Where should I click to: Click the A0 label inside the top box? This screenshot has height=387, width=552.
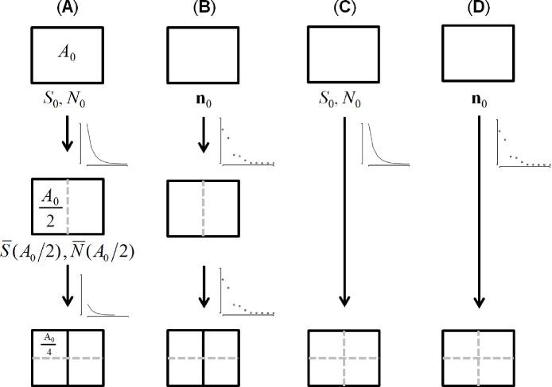pyautogui.click(x=66, y=53)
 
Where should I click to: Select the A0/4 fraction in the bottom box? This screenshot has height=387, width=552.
pyautogui.click(x=48, y=343)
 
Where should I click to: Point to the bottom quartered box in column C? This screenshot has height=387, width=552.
pyautogui.click(x=343, y=358)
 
